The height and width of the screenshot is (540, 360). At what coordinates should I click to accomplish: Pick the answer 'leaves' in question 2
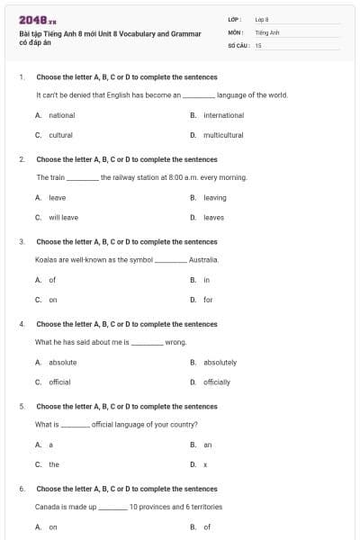coord(213,217)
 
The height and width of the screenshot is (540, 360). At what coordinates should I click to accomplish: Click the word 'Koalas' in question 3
coord(46,259)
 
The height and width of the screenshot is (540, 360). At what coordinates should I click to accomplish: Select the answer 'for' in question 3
coord(208,300)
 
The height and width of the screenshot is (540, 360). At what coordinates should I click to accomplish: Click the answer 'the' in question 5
coord(54,464)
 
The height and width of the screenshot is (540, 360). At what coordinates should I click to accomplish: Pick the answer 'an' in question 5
coord(208,445)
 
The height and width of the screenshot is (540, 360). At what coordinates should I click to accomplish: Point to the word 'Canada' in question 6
coord(48,507)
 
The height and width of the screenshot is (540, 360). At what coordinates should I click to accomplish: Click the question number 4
coord(22,324)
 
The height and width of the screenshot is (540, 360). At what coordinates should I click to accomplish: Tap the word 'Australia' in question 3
coord(203,259)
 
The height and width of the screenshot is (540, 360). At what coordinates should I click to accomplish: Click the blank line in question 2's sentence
coord(83,177)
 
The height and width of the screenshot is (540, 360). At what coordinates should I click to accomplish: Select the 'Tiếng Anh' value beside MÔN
coord(267,31)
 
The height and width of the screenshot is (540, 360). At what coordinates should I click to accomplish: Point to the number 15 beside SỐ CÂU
coord(258,44)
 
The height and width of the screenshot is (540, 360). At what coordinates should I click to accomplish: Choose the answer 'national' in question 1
coord(61,115)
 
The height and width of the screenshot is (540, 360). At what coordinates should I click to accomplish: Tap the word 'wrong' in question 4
coord(175,342)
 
